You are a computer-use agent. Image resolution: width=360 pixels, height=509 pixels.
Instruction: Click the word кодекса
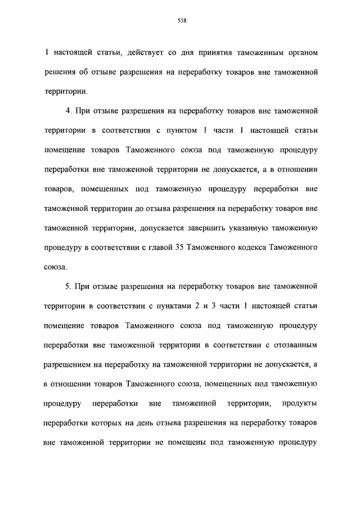tap(252, 247)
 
